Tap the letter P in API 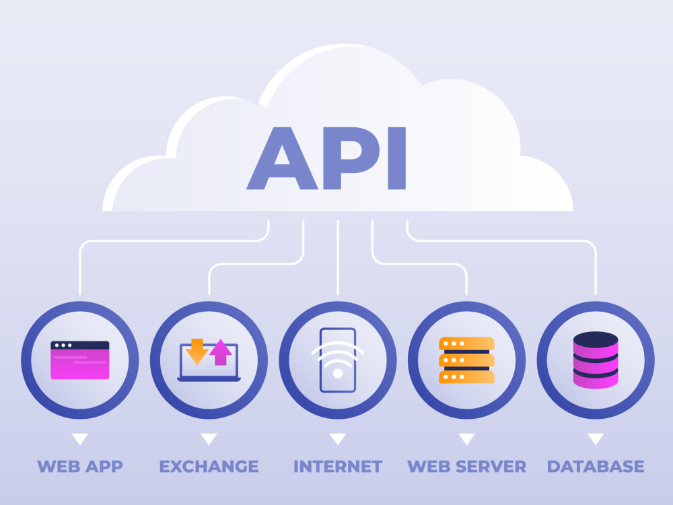click(x=351, y=158)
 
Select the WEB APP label click(x=80, y=467)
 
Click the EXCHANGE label click(x=209, y=467)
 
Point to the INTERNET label click(x=338, y=467)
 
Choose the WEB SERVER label click(x=466, y=467)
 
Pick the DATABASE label click(x=596, y=467)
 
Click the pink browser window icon click(x=80, y=360)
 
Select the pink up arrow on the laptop click(x=221, y=352)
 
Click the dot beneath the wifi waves click(x=338, y=373)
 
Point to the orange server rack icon click(x=466, y=360)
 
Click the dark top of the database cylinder click(x=596, y=339)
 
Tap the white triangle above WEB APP click(x=80, y=439)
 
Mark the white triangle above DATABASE click(x=596, y=439)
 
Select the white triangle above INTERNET click(x=338, y=439)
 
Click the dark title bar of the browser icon click(x=80, y=345)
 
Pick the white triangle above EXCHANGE click(x=209, y=439)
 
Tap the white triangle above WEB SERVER click(x=466, y=439)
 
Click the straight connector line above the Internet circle click(x=338, y=257)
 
